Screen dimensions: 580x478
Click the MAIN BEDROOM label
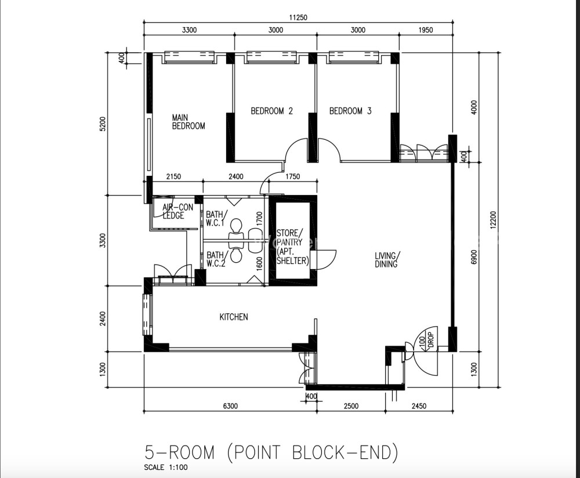pyautogui.click(x=188, y=122)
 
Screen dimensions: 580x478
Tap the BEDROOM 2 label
pyautogui.click(x=272, y=111)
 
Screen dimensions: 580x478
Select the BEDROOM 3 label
pyautogui.click(x=350, y=111)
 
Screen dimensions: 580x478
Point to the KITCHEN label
pyautogui.click(x=234, y=317)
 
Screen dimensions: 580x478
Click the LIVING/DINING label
pyautogui.click(x=387, y=260)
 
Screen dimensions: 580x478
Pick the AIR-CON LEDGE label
pyautogui.click(x=177, y=211)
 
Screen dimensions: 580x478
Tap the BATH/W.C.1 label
pyautogui.click(x=216, y=218)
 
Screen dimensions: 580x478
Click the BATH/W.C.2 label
pyautogui.click(x=216, y=259)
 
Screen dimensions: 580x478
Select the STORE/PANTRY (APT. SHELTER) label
pyautogui.click(x=292, y=247)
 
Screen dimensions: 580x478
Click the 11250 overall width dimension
pyautogui.click(x=298, y=17)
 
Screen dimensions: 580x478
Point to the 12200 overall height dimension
pyautogui.click(x=494, y=220)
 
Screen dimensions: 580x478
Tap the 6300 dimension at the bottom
pyautogui.click(x=230, y=406)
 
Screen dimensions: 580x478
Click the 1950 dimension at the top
pyautogui.click(x=426, y=30)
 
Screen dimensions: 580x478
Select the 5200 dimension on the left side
pyautogui.click(x=103, y=124)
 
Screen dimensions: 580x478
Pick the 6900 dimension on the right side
pyautogui.click(x=474, y=257)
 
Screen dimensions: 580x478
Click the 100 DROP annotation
pyautogui.click(x=426, y=339)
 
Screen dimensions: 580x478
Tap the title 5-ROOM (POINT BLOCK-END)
pyautogui.click(x=271, y=452)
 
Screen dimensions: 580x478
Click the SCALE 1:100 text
pyautogui.click(x=166, y=468)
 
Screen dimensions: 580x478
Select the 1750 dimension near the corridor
pyautogui.click(x=292, y=177)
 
